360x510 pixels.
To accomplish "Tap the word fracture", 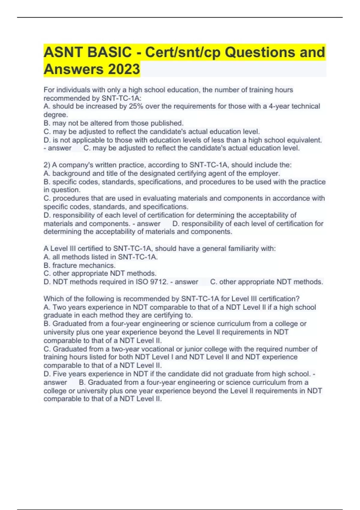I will (64, 265).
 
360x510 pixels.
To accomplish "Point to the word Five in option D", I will (60, 374).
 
